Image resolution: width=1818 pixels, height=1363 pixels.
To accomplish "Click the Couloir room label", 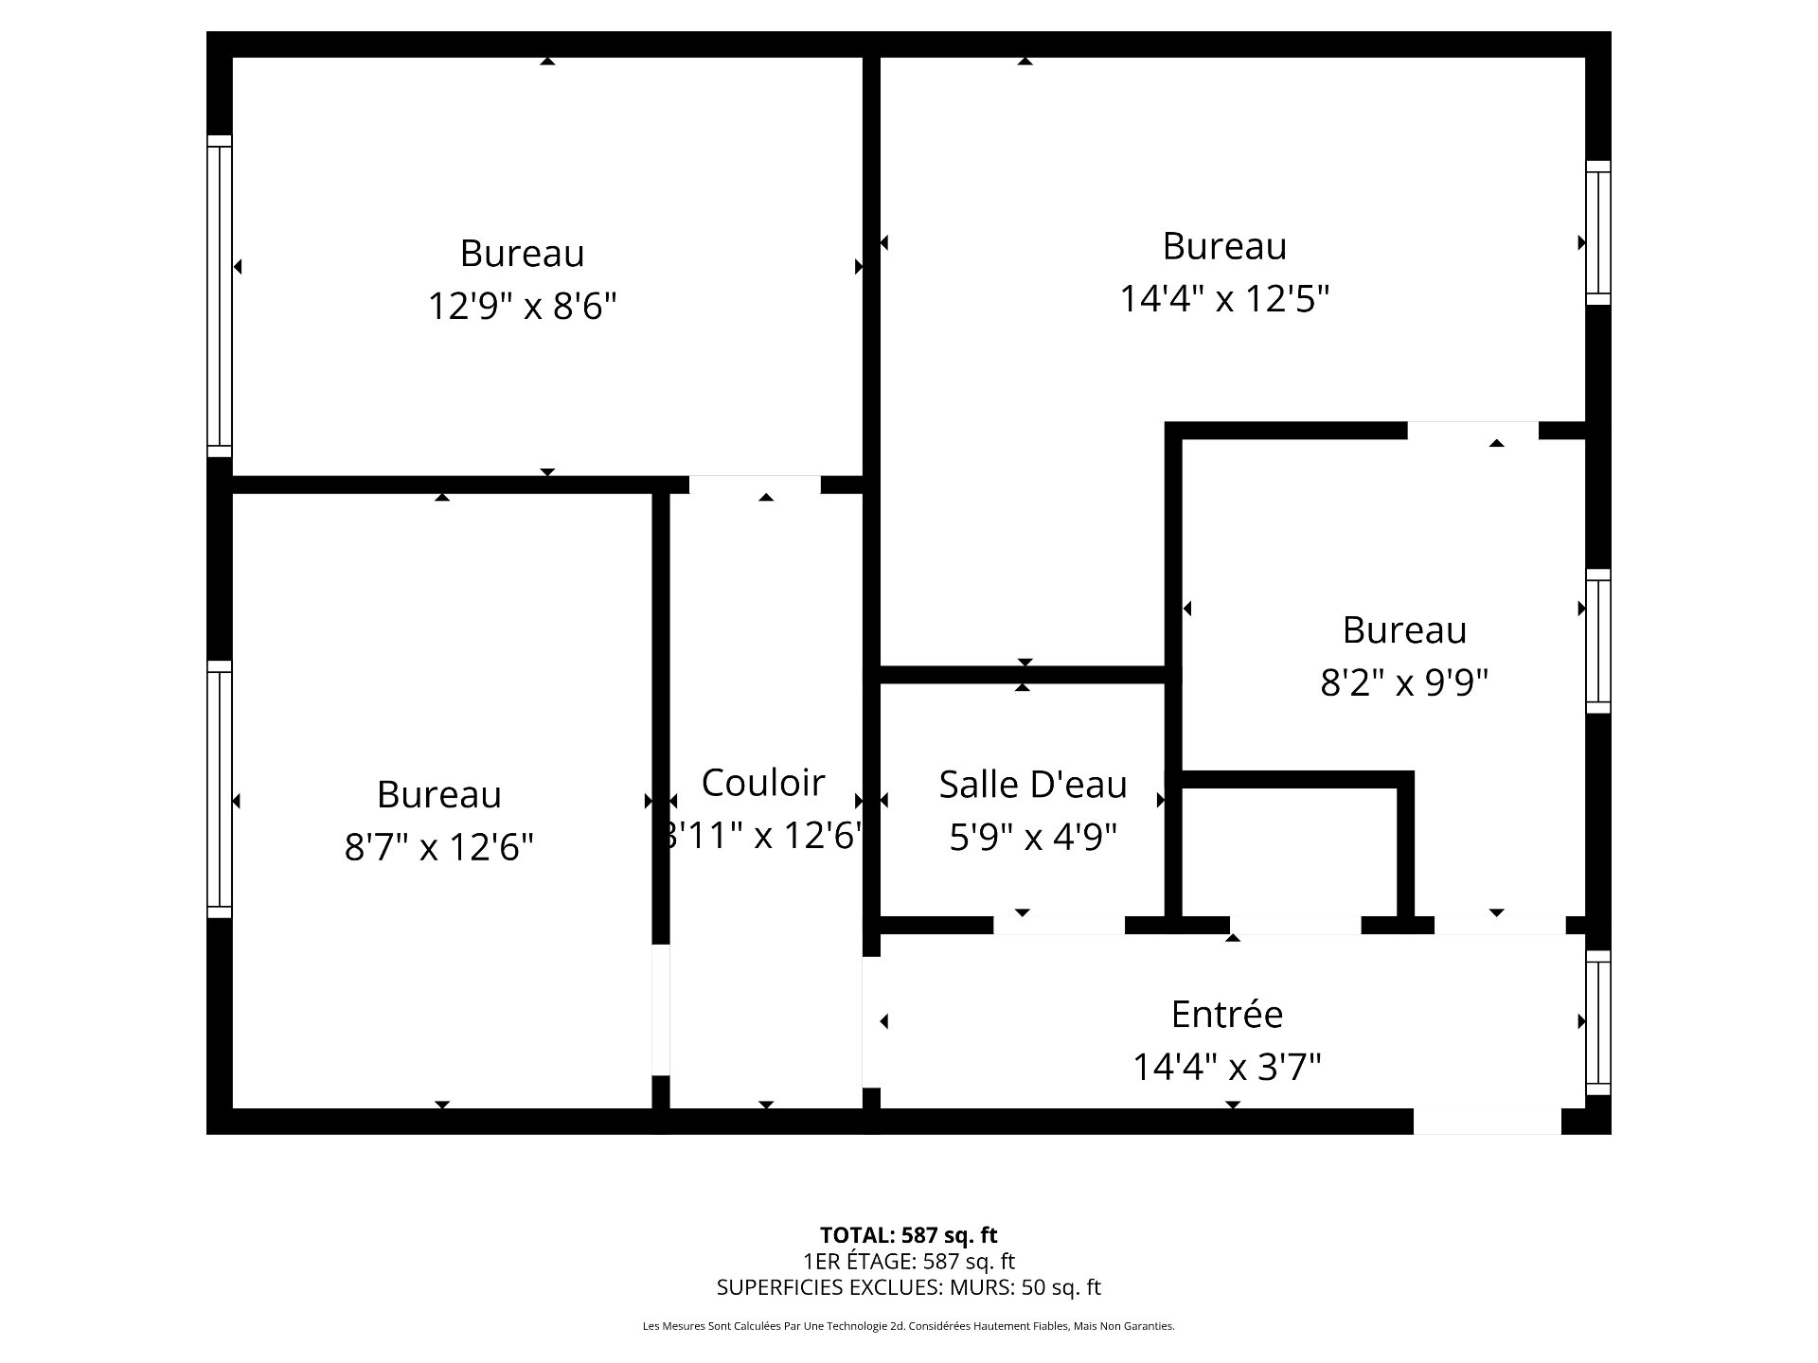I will click(x=763, y=783).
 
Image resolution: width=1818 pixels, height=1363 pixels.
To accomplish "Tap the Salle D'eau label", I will click(x=1033, y=785).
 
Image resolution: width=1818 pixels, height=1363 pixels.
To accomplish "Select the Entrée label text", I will click(x=1226, y=1015).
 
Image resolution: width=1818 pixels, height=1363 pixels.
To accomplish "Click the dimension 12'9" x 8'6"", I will click(x=522, y=307).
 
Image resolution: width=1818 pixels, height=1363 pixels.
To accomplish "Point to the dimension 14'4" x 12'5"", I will click(x=1224, y=299).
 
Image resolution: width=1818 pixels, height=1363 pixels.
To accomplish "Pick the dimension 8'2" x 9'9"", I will click(x=1404, y=682).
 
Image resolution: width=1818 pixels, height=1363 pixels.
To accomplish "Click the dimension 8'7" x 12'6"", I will click(x=438, y=847).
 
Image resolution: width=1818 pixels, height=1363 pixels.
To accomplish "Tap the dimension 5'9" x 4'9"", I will click(x=1033, y=837).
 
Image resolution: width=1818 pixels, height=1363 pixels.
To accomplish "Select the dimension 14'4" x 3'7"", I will click(x=1226, y=1068).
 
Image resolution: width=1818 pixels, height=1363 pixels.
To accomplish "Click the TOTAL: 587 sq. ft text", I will click(x=908, y=1235).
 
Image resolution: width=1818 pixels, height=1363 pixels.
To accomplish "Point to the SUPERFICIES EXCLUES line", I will click(x=908, y=1287).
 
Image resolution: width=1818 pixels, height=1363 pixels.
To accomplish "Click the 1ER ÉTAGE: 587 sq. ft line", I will click(x=908, y=1262).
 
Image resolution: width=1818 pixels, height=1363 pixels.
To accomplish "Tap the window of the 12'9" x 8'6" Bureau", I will click(x=219, y=295).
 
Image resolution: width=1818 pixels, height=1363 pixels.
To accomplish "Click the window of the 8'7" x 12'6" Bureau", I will click(x=219, y=789).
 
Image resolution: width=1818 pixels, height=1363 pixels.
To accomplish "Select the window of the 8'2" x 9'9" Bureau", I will click(x=1598, y=641).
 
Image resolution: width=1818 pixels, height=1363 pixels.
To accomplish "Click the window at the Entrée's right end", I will click(x=1598, y=1022).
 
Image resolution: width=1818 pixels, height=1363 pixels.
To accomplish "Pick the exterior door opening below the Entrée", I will click(x=1487, y=1121).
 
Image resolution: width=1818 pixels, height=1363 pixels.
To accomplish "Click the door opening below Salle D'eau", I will click(x=1059, y=925).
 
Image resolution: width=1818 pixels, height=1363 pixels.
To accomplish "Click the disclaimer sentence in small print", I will click(x=908, y=1327).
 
